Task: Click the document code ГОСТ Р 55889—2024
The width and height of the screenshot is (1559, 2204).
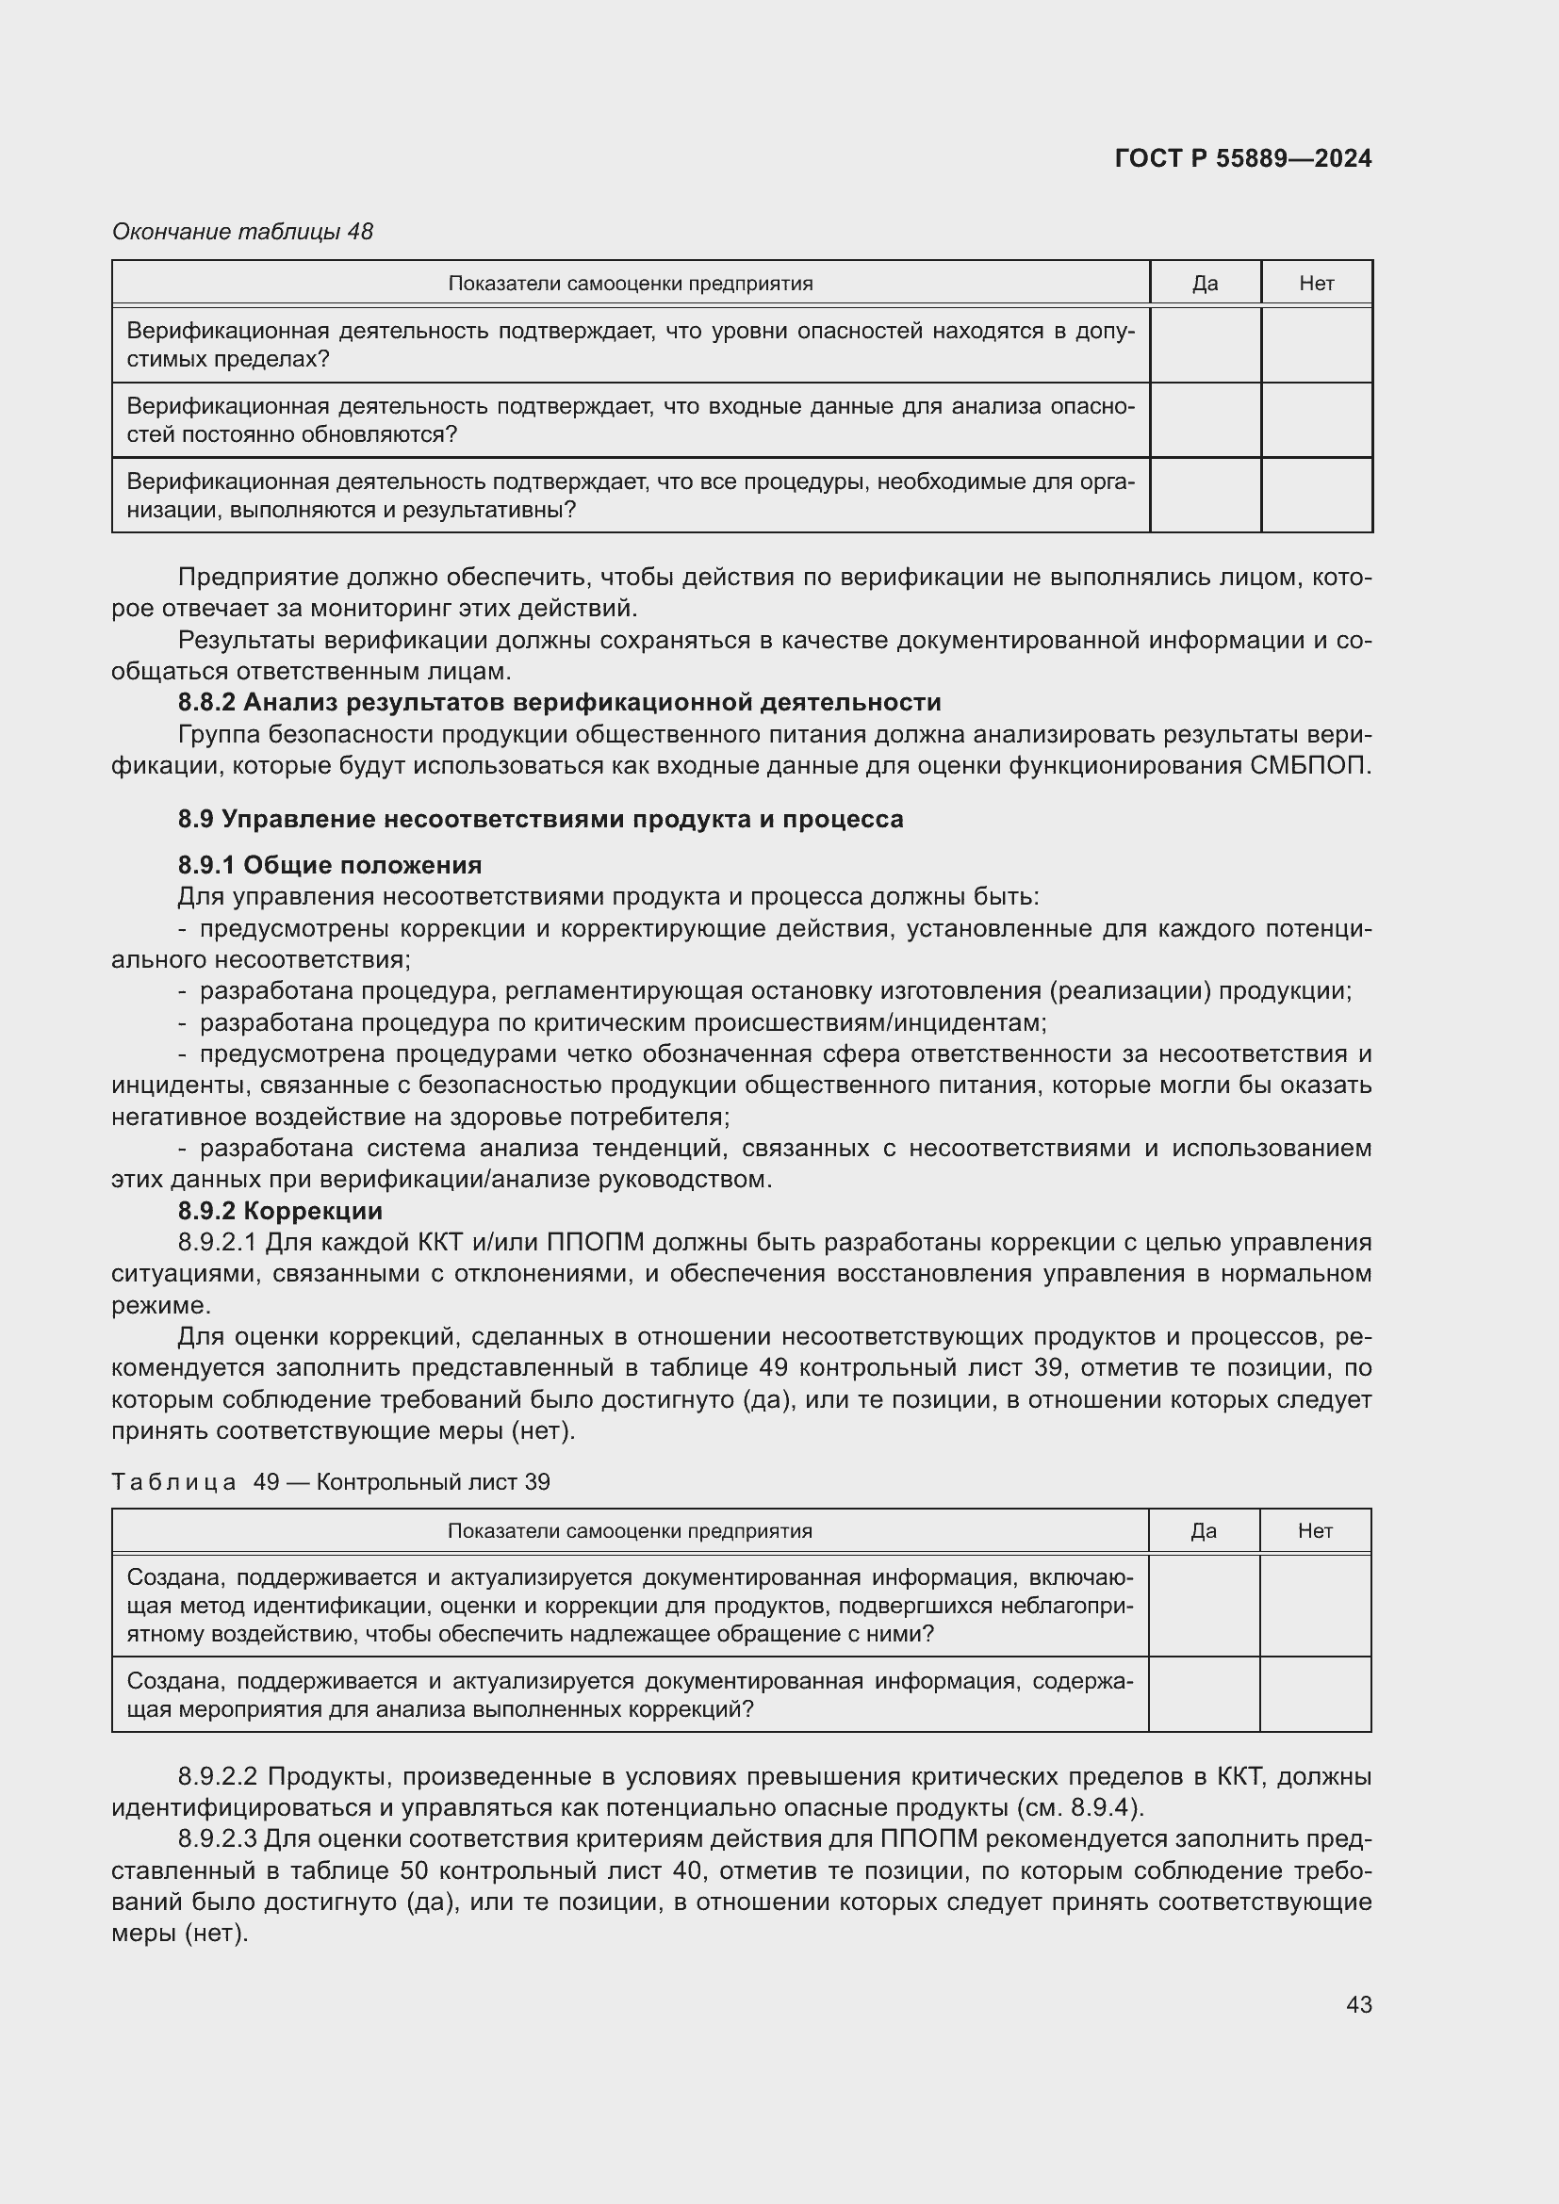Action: pos(1242,158)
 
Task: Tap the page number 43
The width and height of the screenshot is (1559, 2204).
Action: pos(1358,2004)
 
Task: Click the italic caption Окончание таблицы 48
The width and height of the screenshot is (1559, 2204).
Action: pos(242,232)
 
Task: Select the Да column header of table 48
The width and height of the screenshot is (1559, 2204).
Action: pos(1205,284)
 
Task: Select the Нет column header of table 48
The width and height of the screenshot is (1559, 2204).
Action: pos(1316,284)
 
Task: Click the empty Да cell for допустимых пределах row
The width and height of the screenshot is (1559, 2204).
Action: pos(1205,345)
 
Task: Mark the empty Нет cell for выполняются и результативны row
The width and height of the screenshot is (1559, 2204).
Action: pos(1316,496)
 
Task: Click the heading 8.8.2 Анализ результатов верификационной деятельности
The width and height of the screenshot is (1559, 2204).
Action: pos(559,703)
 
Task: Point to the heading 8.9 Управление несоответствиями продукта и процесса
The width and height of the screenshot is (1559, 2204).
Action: pos(539,819)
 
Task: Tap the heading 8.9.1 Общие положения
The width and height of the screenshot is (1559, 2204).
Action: pos(329,865)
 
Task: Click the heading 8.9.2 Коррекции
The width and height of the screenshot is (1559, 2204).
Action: pos(279,1211)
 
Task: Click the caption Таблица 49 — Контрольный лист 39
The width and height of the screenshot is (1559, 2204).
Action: pos(330,1481)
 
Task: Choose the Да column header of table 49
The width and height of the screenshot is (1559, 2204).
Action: pos(1203,1531)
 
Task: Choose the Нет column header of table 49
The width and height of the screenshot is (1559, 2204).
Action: pos(1314,1531)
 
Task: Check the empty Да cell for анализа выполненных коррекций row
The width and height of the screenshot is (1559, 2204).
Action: pos(1203,1694)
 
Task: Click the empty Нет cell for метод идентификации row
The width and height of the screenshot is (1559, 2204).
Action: pos(1314,1606)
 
